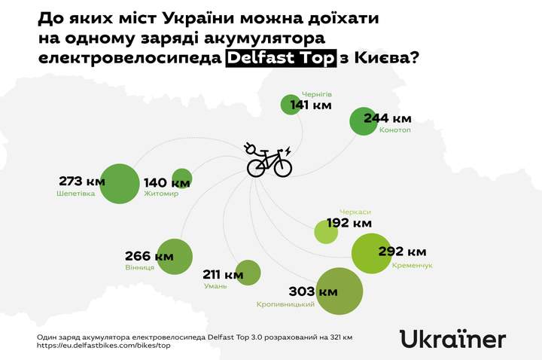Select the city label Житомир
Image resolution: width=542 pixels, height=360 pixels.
tap(160, 194)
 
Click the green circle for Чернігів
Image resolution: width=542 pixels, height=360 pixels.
tap(290, 105)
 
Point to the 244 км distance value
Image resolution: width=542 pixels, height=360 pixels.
tap(388, 118)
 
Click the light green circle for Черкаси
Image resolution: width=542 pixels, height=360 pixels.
tap(326, 231)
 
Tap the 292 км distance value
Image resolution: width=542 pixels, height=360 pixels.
tap(402, 252)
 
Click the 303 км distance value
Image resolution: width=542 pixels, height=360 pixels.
tap(313, 291)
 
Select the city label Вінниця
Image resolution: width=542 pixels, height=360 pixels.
tap(140, 267)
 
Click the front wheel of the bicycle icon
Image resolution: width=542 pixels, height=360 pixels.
tap(282, 167)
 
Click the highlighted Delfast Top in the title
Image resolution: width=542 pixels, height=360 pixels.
tap(280, 59)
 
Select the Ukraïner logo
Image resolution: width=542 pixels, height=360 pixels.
tap(452, 339)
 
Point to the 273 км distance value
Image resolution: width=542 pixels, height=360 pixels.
tap(81, 181)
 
